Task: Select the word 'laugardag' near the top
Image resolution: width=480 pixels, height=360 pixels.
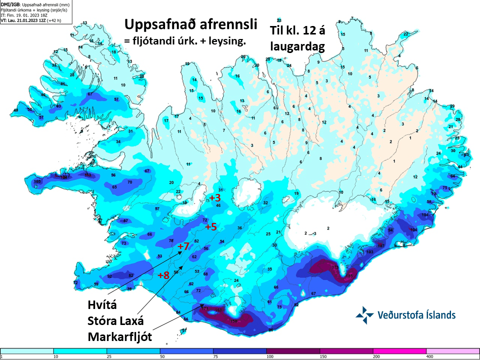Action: [297, 46]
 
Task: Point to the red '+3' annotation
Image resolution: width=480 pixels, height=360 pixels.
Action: [214, 198]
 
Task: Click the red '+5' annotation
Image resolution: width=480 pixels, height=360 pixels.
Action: [210, 227]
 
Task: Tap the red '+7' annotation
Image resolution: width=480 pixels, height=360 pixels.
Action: [183, 246]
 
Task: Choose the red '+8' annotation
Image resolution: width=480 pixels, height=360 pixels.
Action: [163, 275]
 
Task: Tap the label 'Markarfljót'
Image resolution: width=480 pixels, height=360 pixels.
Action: [119, 337]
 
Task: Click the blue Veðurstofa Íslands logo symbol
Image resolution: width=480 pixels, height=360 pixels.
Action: [364, 315]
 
